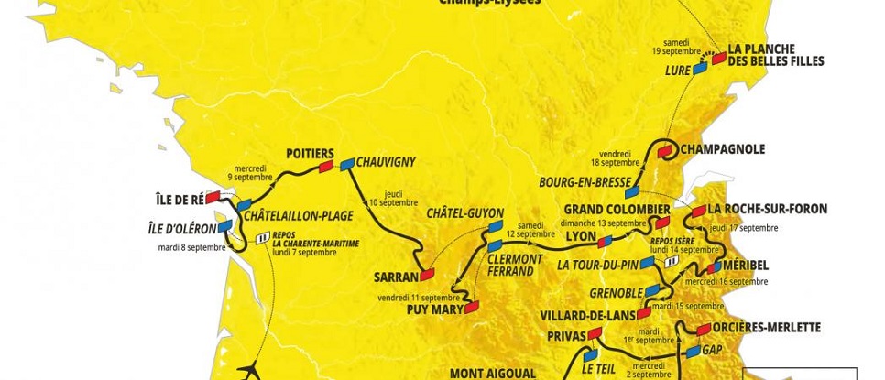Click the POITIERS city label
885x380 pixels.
pos(309,153)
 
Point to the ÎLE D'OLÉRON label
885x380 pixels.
pos(180,227)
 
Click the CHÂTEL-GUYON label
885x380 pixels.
pos(466,213)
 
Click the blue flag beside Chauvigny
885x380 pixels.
pos(347,163)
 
